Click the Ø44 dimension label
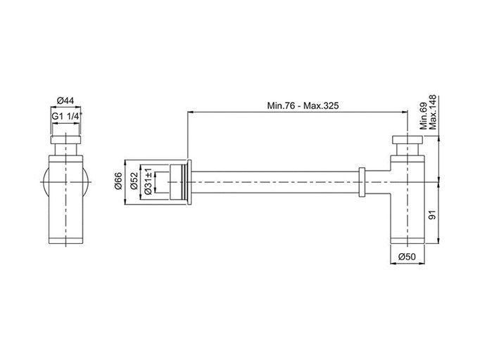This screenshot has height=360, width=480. click(65, 101)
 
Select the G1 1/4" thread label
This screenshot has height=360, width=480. click(66, 116)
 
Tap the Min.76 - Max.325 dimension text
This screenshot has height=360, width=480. click(303, 106)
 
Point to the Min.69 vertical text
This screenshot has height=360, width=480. click(424, 117)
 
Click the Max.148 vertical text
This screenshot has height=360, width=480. click(433, 112)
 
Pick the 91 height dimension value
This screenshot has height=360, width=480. click(431, 215)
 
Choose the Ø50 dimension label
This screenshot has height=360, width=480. click(407, 257)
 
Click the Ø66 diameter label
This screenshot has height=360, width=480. click(118, 181)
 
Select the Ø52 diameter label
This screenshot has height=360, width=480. click(134, 181)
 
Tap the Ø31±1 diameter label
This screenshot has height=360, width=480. click(149, 181)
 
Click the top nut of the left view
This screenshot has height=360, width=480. click(65, 139)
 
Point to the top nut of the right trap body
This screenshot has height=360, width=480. click(408, 139)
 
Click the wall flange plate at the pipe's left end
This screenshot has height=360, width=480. click(189, 182)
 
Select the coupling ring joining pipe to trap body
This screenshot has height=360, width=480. click(362, 182)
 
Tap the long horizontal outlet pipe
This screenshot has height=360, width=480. click(275, 182)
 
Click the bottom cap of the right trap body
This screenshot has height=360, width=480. click(408, 240)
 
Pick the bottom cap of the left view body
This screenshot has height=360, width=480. click(65, 240)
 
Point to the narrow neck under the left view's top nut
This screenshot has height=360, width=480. click(65, 149)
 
